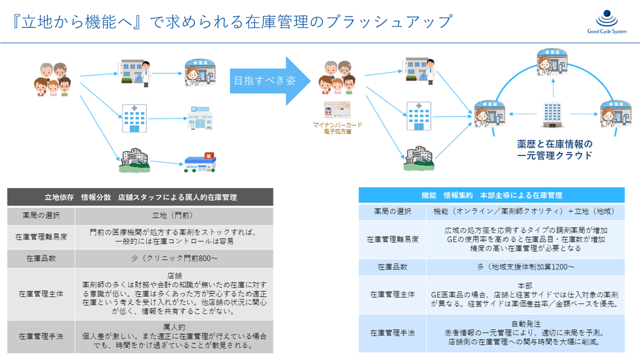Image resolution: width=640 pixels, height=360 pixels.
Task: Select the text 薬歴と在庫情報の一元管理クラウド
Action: coord(554,149)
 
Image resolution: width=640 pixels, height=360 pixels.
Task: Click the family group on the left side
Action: coord(52,80)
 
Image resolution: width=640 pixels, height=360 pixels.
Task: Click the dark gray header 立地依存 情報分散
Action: coord(140,197)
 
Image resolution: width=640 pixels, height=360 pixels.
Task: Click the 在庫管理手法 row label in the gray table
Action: coord(41,336)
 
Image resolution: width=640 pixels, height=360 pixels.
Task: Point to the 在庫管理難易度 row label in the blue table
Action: coord(393,239)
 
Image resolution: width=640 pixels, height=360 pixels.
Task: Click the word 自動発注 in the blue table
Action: coord(526,322)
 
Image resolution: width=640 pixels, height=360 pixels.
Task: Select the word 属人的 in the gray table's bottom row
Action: coord(174,327)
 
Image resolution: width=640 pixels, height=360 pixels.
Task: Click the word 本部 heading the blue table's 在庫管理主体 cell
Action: coord(525,285)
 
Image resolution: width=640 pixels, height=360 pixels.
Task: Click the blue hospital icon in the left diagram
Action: coord(134,118)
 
